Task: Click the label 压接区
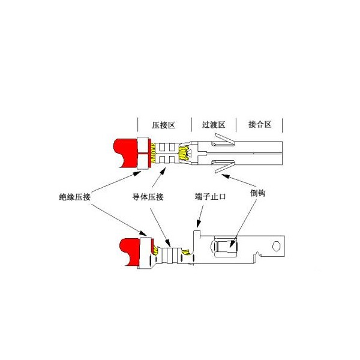pyautogui.click(x=163, y=125)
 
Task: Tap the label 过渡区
pyautogui.click(x=213, y=125)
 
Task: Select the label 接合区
pyautogui.click(x=260, y=124)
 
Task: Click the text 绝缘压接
pyautogui.click(x=74, y=197)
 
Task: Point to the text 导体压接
pyautogui.click(x=148, y=197)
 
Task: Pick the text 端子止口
pyautogui.click(x=211, y=197)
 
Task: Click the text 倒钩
pyautogui.click(x=258, y=193)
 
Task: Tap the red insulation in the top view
pyautogui.click(x=126, y=152)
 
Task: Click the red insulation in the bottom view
pyautogui.click(x=131, y=251)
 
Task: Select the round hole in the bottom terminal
pyautogui.click(x=276, y=246)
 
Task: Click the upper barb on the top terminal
pyautogui.click(x=224, y=140)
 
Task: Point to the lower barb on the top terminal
pyautogui.click(x=224, y=166)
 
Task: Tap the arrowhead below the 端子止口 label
pyautogui.click(x=199, y=223)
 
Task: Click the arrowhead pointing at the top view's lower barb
pyautogui.click(x=225, y=176)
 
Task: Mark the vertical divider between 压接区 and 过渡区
pyautogui.click(x=191, y=124)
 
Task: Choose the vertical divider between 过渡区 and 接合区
pyautogui.click(x=236, y=125)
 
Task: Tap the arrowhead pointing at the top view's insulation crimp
pyautogui.click(x=137, y=173)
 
